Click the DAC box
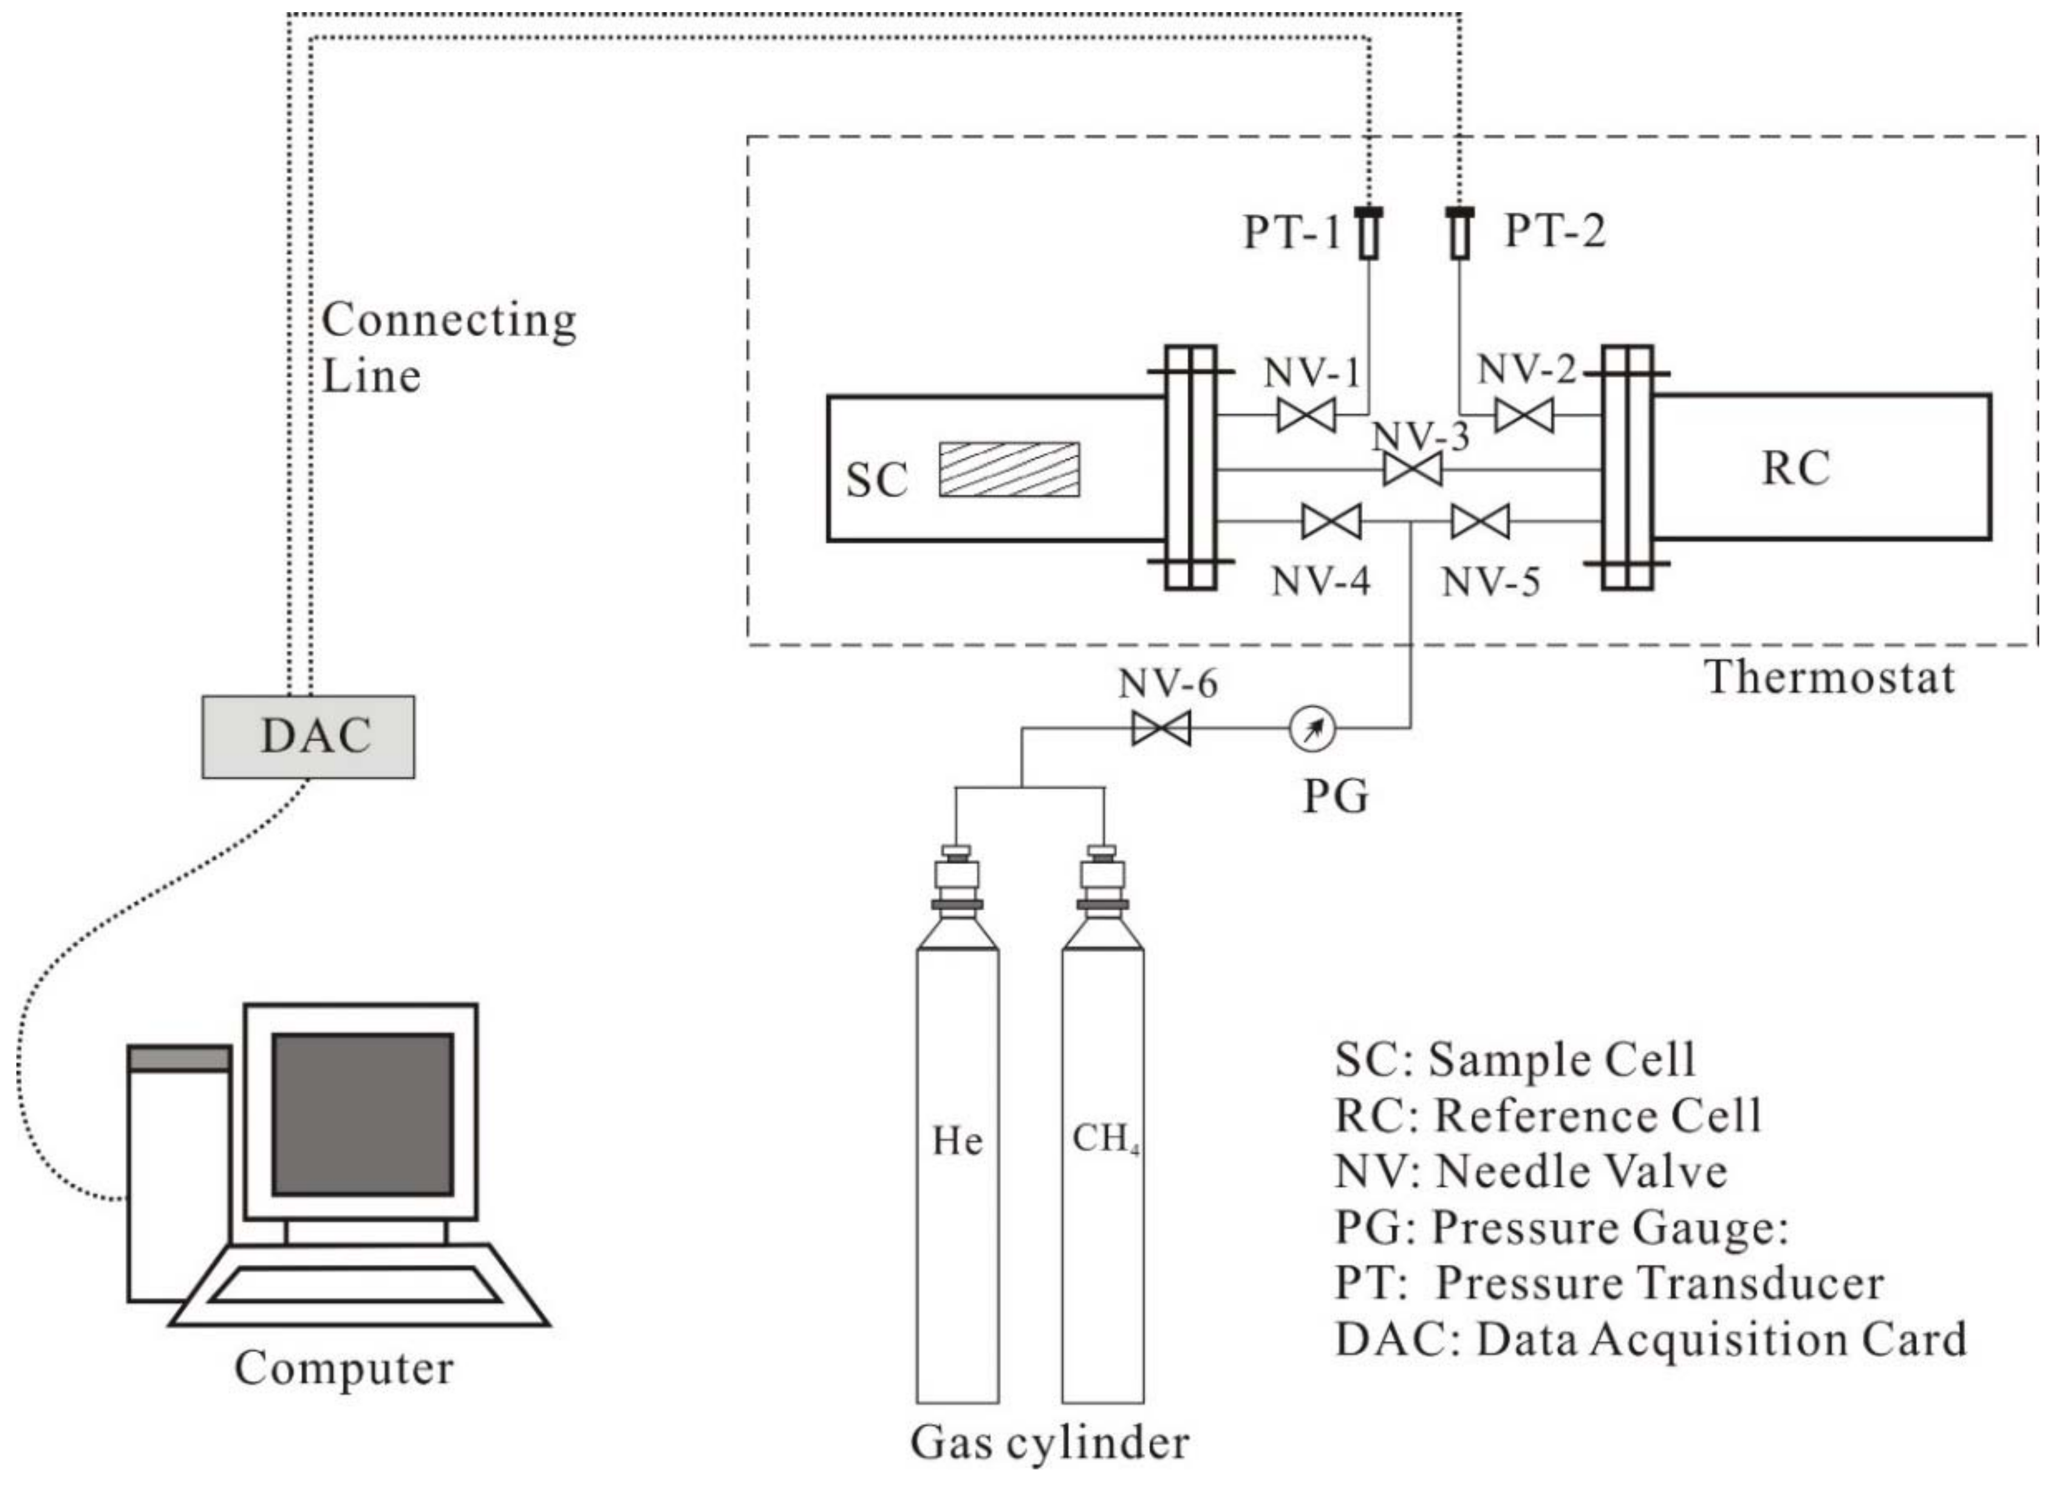click(308, 737)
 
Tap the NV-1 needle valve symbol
click(1306, 416)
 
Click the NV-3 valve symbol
click(1411, 471)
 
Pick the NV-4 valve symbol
click(1331, 522)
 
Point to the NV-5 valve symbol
click(1480, 522)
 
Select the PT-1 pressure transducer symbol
click(1368, 233)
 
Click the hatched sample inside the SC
click(1009, 470)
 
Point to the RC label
click(1795, 468)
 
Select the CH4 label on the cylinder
click(1104, 1139)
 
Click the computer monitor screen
click(363, 1113)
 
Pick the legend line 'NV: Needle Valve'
click(1530, 1172)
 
